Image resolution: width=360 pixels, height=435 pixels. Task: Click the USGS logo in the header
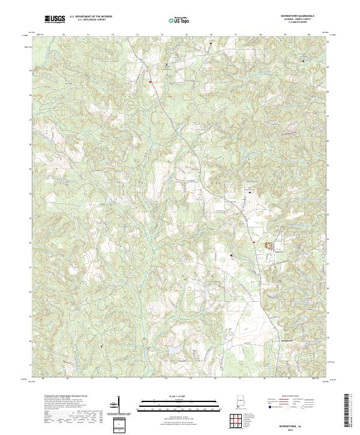(x=55, y=20)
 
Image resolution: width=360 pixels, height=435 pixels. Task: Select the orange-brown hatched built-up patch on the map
(x=269, y=245)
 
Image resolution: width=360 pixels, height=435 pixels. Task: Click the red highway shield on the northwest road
(x=151, y=80)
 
